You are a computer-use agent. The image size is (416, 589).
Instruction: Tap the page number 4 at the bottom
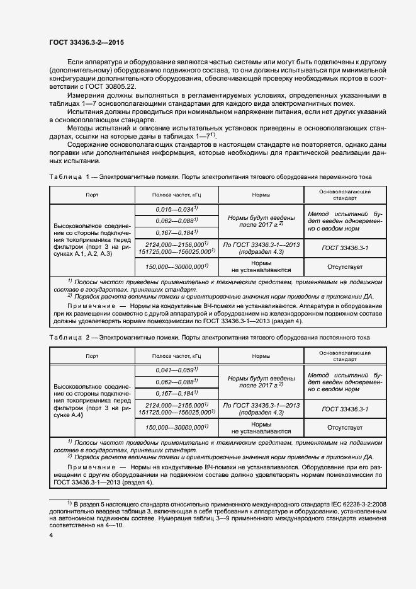[51, 535]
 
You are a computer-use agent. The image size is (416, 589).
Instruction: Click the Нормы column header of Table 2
[261, 356]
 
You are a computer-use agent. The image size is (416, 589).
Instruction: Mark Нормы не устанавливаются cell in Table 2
[261, 428]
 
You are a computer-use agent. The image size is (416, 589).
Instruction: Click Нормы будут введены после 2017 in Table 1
[261, 220]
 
